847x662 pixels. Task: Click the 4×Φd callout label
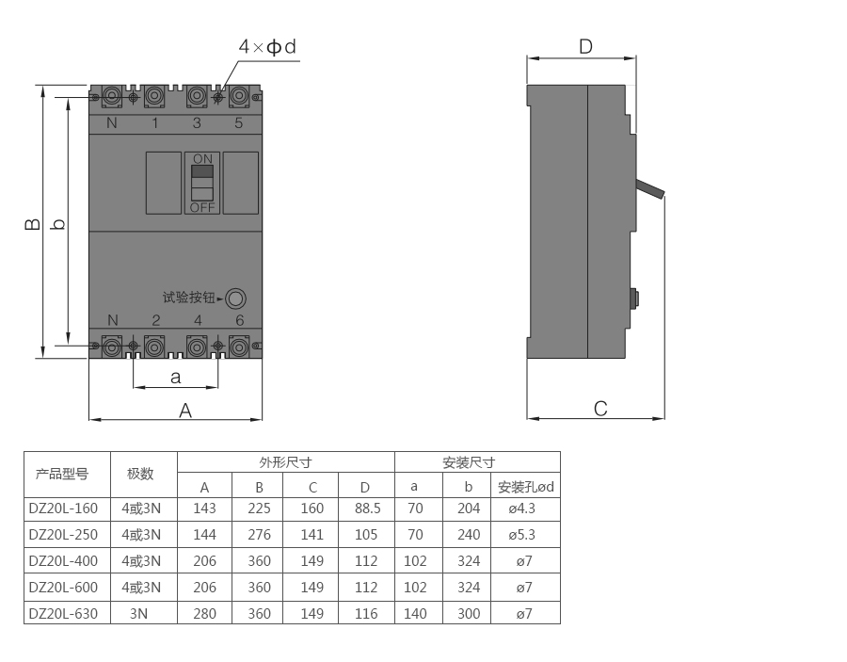pos(267,47)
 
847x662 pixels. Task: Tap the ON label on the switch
pos(202,159)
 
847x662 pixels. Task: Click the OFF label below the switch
pos(202,207)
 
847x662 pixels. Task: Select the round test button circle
pos(235,299)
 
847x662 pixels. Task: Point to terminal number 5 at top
pos(239,123)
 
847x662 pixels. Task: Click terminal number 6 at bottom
pos(240,320)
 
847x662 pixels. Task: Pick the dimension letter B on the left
pos(32,223)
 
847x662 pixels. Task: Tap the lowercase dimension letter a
pos(176,378)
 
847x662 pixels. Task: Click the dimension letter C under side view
pos(600,409)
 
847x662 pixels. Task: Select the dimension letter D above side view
pos(585,47)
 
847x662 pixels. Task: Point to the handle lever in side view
pos(650,189)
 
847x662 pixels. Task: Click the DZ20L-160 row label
pos(63,509)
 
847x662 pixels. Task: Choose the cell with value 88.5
pos(367,509)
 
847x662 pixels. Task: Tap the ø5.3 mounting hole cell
pos(521,535)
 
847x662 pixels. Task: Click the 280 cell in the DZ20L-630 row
pos(205,614)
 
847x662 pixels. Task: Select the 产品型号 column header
pos(62,474)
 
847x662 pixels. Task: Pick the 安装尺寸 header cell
pos(469,462)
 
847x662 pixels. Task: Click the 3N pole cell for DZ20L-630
pos(139,614)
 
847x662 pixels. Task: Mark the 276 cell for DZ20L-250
pos(260,535)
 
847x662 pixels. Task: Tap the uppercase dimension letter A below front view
pos(185,411)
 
